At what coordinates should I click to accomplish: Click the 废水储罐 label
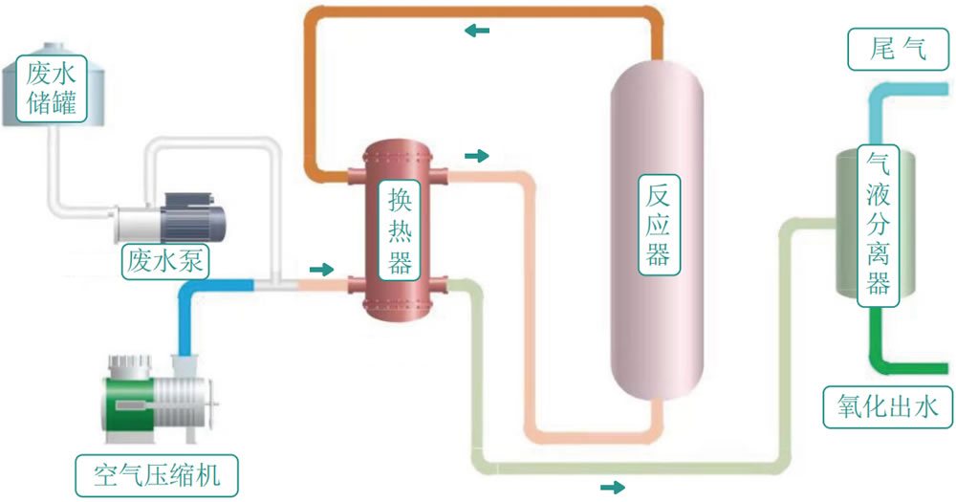(52, 88)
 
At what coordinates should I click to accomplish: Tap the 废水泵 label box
(165, 261)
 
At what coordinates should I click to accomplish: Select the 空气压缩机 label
(157, 475)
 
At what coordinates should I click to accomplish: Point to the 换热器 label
(400, 230)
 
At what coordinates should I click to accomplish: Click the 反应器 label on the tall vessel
(659, 225)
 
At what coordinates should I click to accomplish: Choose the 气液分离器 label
(878, 225)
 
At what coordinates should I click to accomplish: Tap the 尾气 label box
(898, 49)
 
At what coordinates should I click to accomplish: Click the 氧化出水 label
(888, 406)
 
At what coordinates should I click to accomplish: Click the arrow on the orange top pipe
(477, 30)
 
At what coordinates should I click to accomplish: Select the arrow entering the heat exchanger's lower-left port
(322, 269)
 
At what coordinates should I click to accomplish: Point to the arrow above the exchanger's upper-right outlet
(477, 156)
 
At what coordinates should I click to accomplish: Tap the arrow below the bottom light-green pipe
(613, 487)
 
